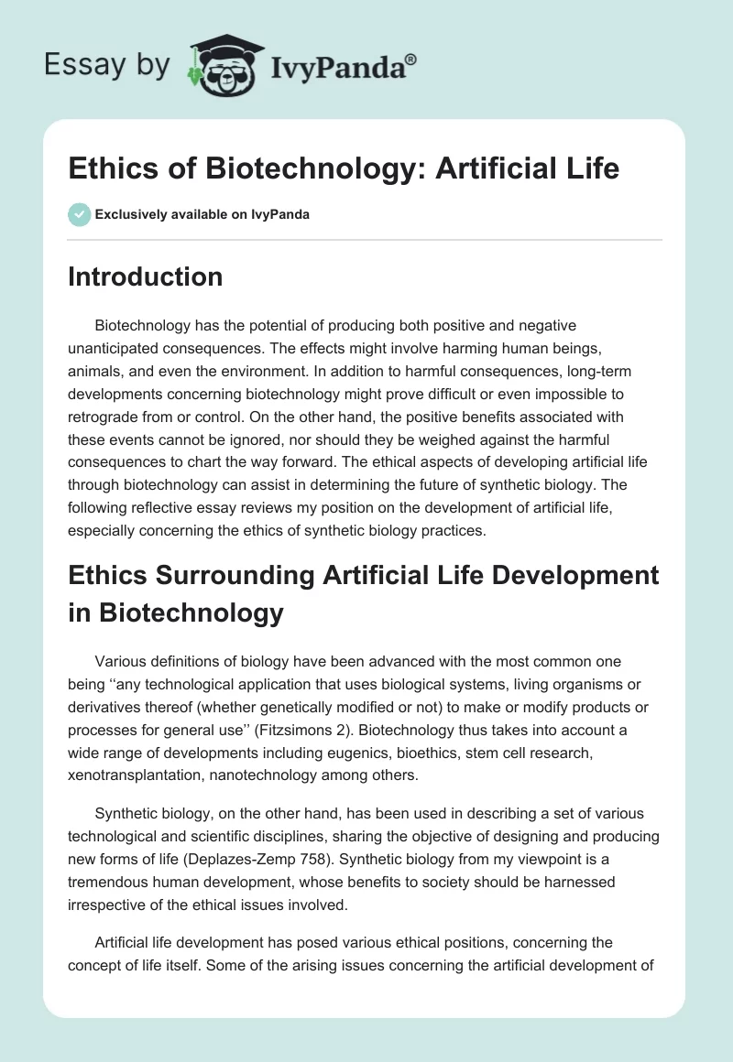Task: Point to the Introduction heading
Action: (145, 276)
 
